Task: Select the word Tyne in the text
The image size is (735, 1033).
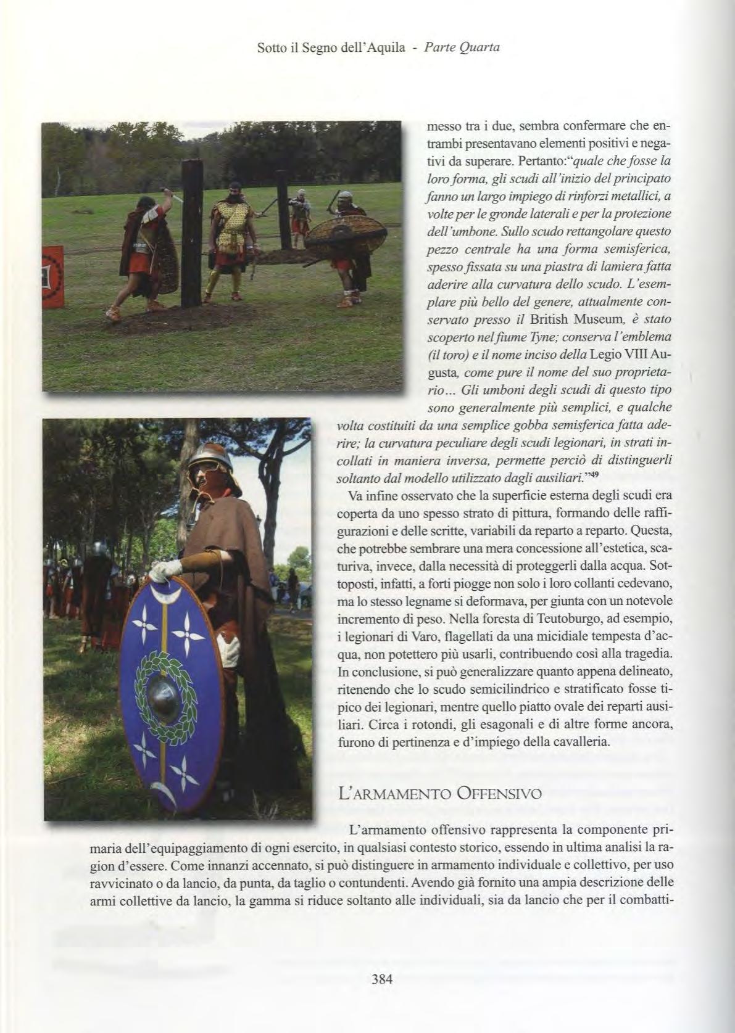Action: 541,337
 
